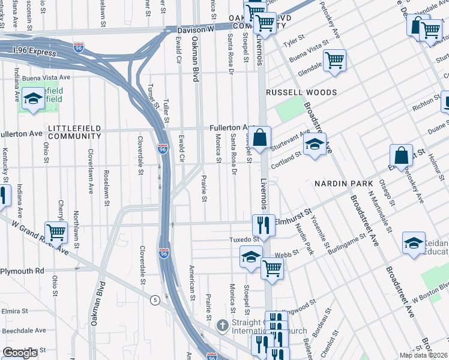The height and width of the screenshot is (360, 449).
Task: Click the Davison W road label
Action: pos(195,29)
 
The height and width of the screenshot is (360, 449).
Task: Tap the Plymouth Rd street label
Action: pos(22,271)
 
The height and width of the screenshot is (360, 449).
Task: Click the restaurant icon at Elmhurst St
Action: pos(263,225)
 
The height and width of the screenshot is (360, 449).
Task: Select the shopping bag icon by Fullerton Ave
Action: pos(260,137)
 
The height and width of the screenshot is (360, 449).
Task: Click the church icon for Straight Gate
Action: pos(221,325)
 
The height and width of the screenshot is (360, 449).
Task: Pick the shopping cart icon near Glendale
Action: pos(334,60)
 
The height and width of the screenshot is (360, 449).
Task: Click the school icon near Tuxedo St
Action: pos(251,257)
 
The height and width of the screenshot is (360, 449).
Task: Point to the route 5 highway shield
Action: pos(155,299)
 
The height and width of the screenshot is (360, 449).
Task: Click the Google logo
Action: pos(20,353)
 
